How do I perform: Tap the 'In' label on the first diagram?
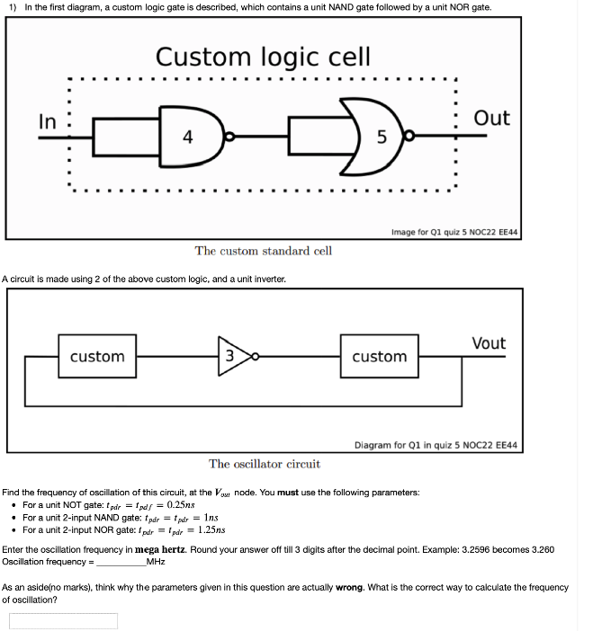49,121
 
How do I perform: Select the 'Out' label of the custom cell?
491,119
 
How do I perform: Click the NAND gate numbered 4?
186,137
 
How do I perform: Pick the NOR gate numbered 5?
378,137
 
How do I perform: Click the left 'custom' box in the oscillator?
97,357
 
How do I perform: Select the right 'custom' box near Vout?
379,357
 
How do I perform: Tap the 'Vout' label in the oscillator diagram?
488,343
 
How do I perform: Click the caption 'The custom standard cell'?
263,251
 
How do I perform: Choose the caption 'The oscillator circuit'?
264,464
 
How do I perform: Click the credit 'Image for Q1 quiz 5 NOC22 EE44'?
454,232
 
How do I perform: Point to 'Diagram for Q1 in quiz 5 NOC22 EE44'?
436,445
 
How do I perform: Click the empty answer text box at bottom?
63,621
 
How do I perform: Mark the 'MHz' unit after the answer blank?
157,561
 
